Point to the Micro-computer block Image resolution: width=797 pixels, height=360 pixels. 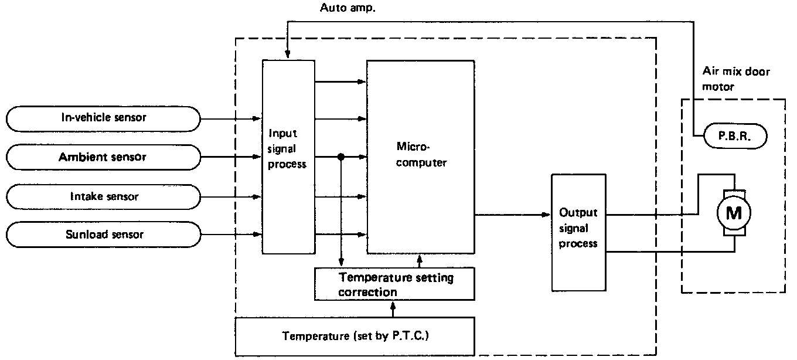click(x=420, y=156)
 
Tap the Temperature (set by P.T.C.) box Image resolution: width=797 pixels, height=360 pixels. click(x=354, y=336)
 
